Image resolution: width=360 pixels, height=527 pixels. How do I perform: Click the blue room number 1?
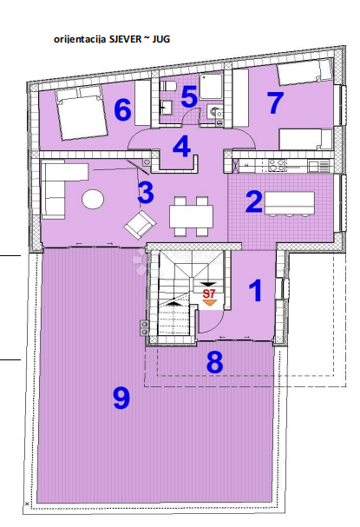tap(255, 290)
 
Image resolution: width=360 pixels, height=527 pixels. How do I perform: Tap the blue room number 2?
tap(254, 201)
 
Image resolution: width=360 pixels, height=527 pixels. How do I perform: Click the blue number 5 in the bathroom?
tap(189, 96)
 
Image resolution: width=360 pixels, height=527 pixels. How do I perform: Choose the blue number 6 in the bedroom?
tap(122, 110)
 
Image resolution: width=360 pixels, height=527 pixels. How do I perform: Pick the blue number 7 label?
tap(275, 102)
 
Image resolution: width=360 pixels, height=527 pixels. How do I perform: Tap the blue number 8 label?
tap(214, 362)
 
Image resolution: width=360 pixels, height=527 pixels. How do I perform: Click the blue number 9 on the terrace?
tap(121, 398)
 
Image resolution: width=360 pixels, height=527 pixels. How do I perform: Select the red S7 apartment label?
tap(208, 294)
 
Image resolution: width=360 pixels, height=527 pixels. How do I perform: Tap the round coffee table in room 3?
tap(93, 199)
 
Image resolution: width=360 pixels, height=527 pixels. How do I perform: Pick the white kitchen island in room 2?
tap(289, 202)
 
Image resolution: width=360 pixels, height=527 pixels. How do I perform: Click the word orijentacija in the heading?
tap(79, 39)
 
